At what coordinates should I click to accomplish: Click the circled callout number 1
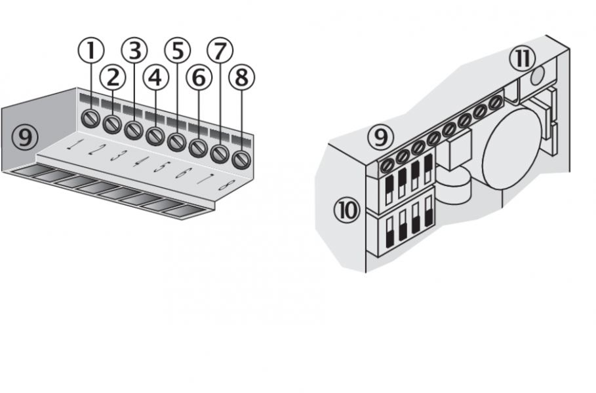click(x=91, y=50)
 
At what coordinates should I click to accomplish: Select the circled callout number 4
click(x=155, y=78)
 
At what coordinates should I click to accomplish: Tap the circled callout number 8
click(x=242, y=77)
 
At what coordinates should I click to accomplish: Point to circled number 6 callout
click(x=199, y=78)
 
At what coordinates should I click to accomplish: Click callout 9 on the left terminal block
click(x=25, y=138)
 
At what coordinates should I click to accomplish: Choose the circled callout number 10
click(x=347, y=210)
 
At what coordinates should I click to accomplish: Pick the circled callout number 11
click(x=523, y=58)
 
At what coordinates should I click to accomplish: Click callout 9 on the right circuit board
click(x=381, y=137)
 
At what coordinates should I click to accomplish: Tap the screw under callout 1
click(x=91, y=119)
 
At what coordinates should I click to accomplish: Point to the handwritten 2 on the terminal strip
click(x=92, y=150)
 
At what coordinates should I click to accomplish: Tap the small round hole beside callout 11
click(x=537, y=77)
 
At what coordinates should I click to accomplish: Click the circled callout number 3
click(x=134, y=50)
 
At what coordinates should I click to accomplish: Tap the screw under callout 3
click(x=134, y=130)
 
